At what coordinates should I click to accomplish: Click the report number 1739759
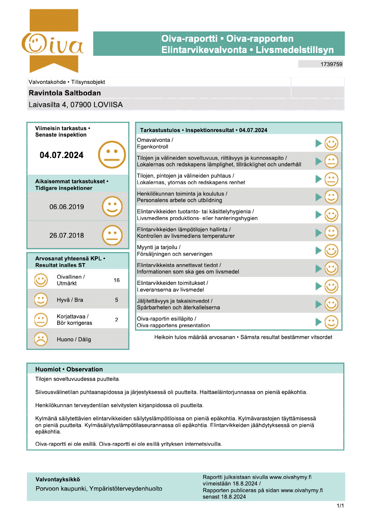tap(331, 64)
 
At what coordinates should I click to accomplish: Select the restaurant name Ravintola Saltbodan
tap(65, 93)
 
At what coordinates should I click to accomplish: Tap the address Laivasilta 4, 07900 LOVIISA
tap(76, 105)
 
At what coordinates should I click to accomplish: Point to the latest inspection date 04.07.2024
tap(62, 155)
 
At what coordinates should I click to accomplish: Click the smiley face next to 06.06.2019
tap(112, 207)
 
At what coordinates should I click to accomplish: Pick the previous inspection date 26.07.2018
tap(67, 236)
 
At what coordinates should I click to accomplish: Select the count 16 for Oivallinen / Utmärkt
tap(117, 280)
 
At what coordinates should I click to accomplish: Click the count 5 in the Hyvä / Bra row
tap(117, 300)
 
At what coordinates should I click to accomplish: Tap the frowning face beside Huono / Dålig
tap(41, 339)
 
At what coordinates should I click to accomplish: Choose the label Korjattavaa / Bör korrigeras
tap(74, 320)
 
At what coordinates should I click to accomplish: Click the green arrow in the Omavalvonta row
tap(318, 143)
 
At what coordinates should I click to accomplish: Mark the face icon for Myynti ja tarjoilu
tap(331, 251)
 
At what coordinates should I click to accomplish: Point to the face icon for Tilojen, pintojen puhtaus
tap(331, 179)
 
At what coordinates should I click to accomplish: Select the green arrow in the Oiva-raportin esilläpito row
tap(318, 322)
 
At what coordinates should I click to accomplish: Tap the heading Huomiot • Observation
tap(69, 369)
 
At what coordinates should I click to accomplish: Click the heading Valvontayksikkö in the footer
tap(58, 479)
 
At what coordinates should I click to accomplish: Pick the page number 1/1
tap(340, 506)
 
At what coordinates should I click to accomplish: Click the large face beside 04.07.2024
tap(112, 155)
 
